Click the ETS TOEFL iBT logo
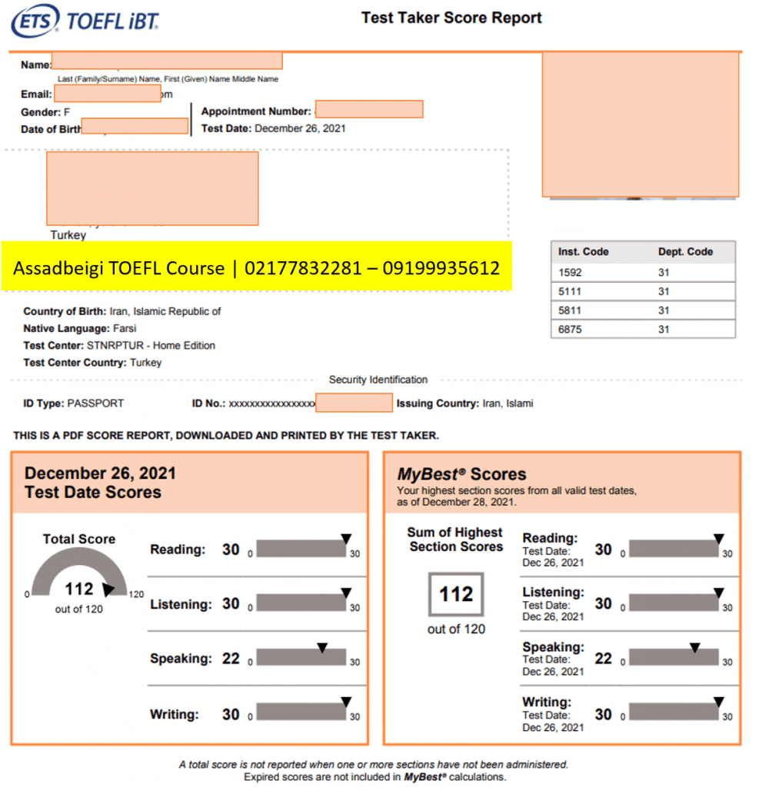click(x=85, y=22)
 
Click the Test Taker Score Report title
click(x=451, y=18)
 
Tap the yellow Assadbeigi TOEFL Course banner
click(x=256, y=267)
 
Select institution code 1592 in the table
click(x=571, y=272)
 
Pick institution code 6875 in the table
click(x=571, y=329)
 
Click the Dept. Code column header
click(x=685, y=251)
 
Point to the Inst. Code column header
click(x=584, y=251)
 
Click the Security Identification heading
click(x=378, y=380)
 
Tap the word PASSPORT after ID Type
click(x=95, y=403)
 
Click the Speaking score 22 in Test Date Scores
click(x=231, y=659)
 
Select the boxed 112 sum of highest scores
click(x=456, y=594)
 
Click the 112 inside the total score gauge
click(x=78, y=589)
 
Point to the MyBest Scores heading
click(x=461, y=474)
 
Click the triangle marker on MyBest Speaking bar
click(x=694, y=648)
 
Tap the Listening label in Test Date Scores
click(x=181, y=605)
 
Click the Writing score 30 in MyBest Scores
click(x=604, y=714)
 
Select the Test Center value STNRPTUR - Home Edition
click(x=151, y=346)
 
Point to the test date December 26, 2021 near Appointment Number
click(x=300, y=128)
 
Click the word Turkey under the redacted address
click(x=68, y=235)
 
